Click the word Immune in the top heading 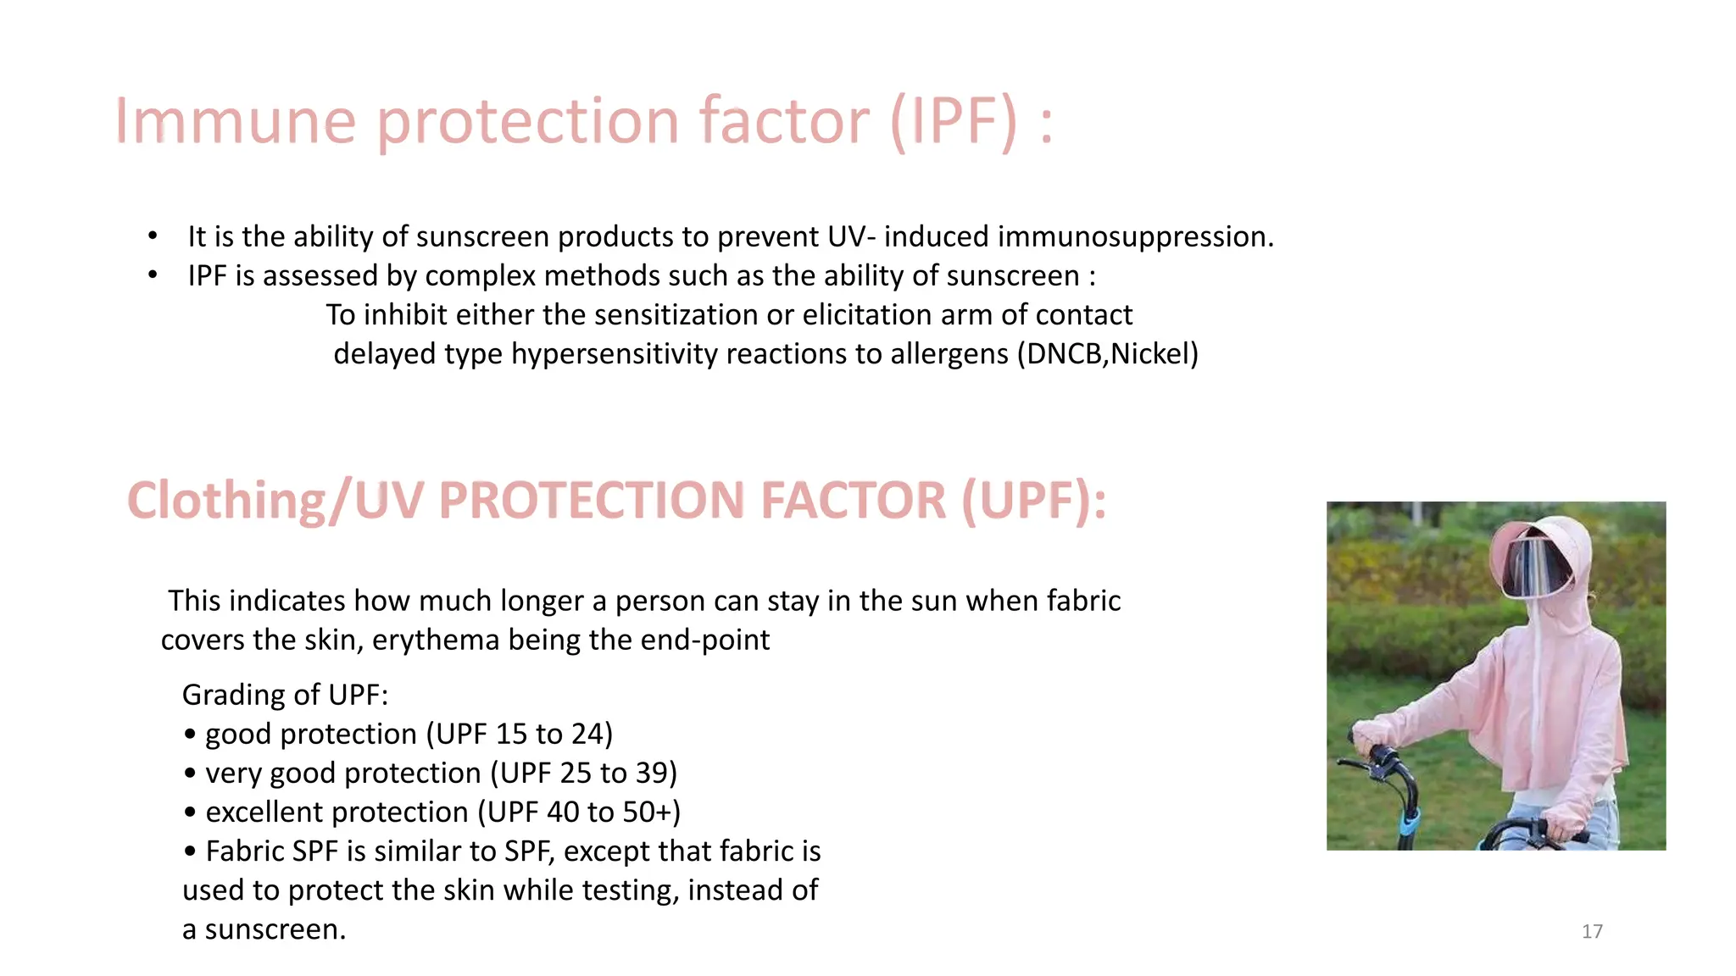tap(235, 121)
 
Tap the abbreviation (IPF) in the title tap(954, 121)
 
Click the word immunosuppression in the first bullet tap(1135, 236)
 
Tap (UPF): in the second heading tap(1033, 500)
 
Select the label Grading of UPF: tap(285, 695)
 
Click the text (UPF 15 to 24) tap(519, 734)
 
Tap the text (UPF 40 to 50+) tap(578, 812)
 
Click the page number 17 tap(1592, 931)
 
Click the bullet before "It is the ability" tap(153, 236)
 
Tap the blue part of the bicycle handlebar tap(1408, 823)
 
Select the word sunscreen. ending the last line tap(275, 929)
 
